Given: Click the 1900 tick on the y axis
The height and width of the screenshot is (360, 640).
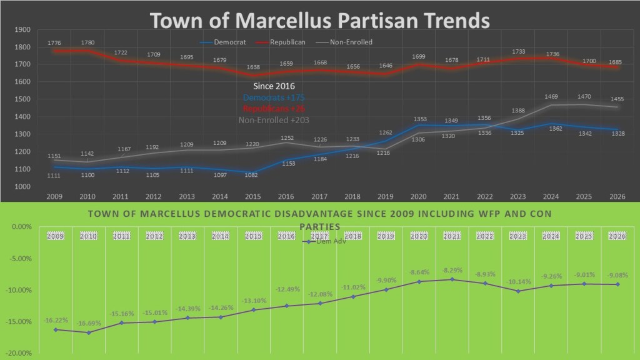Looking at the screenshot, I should (22, 29).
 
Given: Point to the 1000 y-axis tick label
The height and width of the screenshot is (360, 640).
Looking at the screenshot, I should (22, 187).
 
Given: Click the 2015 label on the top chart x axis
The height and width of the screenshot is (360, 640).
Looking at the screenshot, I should (253, 196).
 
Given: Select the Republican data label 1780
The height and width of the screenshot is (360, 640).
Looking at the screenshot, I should (87, 42).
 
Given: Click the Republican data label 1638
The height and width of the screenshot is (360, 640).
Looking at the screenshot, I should (253, 67).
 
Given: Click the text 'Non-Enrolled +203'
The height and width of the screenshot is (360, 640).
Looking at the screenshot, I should (273, 120).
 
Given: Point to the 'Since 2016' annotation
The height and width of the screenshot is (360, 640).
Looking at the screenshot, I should (273, 86).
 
